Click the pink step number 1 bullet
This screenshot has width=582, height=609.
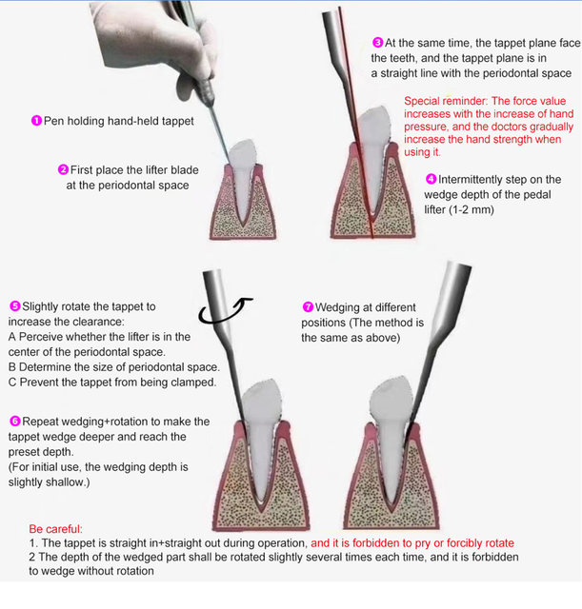(36, 121)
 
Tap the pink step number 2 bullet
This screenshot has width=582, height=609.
(63, 169)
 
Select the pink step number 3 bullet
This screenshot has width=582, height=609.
(377, 42)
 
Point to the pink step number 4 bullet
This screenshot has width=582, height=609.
(431, 179)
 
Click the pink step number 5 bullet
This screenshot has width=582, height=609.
(15, 306)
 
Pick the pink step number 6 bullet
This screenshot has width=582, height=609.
(15, 421)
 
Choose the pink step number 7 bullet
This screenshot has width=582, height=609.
(308, 306)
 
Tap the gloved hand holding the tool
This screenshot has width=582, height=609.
(155, 43)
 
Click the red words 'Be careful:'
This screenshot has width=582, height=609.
(55, 529)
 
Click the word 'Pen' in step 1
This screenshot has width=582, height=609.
(53, 121)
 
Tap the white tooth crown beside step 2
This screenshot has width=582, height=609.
(243, 153)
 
